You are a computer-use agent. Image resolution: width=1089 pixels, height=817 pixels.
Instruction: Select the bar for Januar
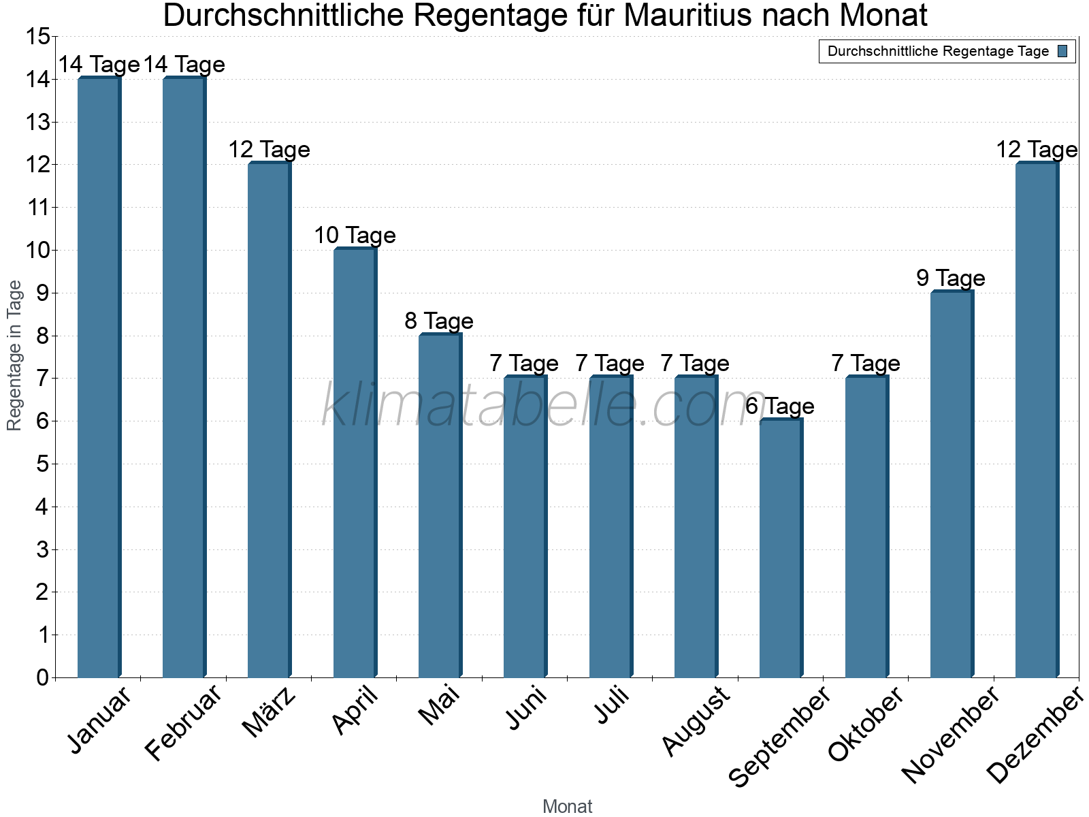pos(99,378)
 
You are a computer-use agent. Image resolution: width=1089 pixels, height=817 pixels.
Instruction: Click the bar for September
pos(781,548)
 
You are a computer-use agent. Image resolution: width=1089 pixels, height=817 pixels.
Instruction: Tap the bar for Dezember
pos(1037,420)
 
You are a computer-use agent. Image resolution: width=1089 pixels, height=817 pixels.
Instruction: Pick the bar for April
pos(355,463)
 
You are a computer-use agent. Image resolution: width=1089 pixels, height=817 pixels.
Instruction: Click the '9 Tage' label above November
pos(951,278)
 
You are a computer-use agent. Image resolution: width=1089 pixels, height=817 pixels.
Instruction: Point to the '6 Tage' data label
pos(780,406)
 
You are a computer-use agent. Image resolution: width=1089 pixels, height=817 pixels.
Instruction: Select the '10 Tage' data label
pos(355,236)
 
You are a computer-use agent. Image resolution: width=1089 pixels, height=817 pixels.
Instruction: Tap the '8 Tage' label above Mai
pos(439,321)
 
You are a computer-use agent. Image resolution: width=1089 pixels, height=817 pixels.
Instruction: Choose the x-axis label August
pos(696,721)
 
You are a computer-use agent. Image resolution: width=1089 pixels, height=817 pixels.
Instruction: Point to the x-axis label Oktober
pos(866,724)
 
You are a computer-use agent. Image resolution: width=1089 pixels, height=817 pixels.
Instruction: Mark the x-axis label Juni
pos(526,708)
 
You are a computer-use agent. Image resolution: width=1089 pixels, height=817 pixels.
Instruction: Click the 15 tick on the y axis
pos(37,37)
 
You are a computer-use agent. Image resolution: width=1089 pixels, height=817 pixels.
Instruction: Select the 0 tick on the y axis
pos(43,677)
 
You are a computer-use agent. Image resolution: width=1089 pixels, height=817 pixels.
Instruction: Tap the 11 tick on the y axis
pos(37,208)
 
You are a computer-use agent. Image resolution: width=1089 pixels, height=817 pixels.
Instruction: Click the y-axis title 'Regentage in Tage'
pos(15,355)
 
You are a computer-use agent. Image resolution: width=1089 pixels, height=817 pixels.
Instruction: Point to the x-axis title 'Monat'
pos(567,806)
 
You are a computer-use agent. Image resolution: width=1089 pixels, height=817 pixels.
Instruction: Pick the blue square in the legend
pos(1063,51)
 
